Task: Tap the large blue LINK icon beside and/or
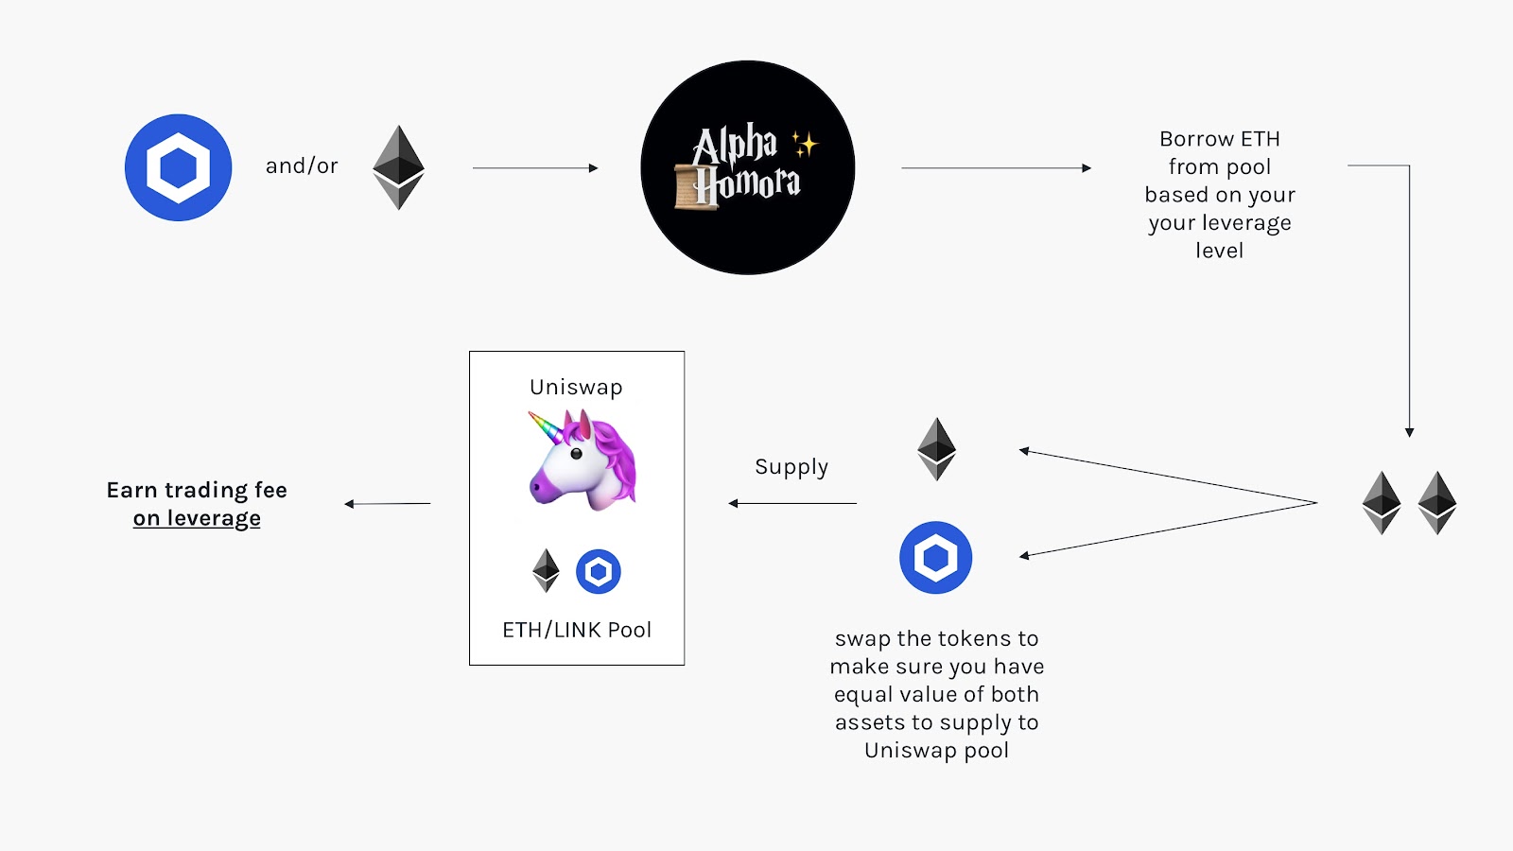(x=179, y=167)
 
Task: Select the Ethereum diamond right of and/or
(x=398, y=167)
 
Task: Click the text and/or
(x=301, y=166)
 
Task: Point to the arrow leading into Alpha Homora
(x=535, y=168)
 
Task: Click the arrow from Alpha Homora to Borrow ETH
(x=996, y=168)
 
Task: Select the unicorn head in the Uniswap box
(x=582, y=460)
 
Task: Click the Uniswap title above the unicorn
(x=576, y=388)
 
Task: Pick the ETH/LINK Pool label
(x=577, y=630)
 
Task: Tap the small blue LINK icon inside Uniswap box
(x=598, y=571)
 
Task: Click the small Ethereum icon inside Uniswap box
(x=546, y=571)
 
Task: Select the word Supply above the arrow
(x=791, y=467)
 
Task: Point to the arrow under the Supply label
(x=792, y=503)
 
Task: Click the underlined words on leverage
(x=197, y=518)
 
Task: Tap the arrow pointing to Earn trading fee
(x=387, y=503)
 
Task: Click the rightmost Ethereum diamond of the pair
(x=1437, y=502)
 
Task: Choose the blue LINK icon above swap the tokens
(x=935, y=558)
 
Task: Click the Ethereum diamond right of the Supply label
(x=936, y=449)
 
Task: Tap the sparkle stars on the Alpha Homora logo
(x=805, y=144)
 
